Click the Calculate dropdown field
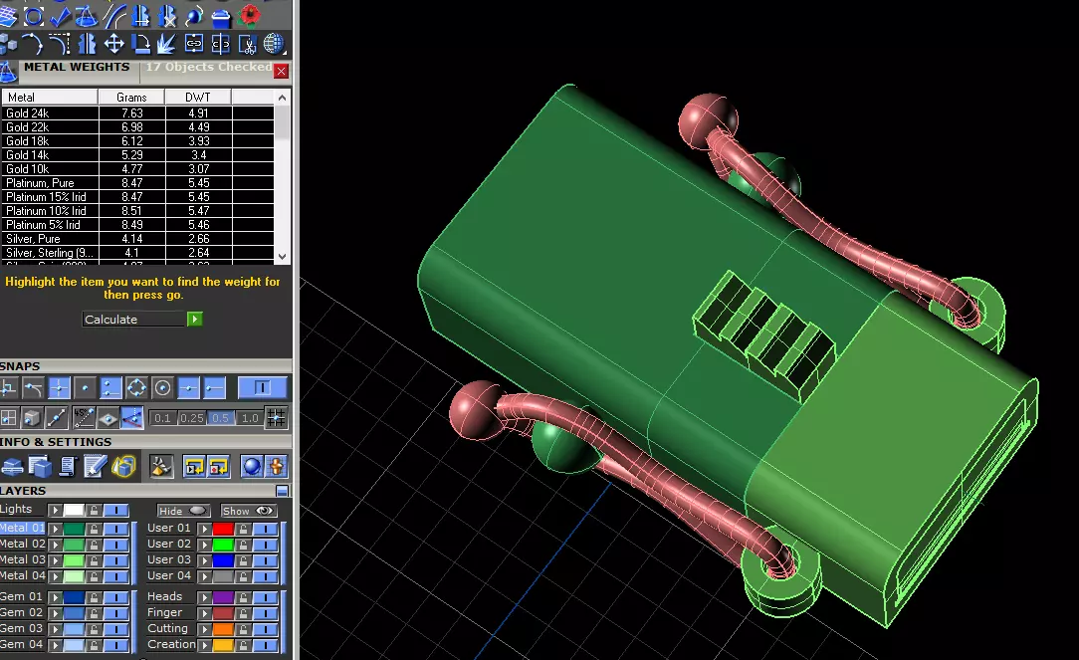pyautogui.click(x=134, y=320)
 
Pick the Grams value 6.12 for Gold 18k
pyautogui.click(x=130, y=141)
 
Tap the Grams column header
pyautogui.click(x=130, y=98)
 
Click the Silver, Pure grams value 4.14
pyautogui.click(x=130, y=239)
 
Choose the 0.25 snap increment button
pyautogui.click(x=192, y=418)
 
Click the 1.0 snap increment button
pyautogui.click(x=250, y=418)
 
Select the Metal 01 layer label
pyautogui.click(x=22, y=528)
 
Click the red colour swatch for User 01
pyautogui.click(x=223, y=529)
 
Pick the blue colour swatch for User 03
pyautogui.click(x=223, y=560)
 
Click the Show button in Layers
pyautogui.click(x=249, y=511)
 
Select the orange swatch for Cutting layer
pyautogui.click(x=223, y=629)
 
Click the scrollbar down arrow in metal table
pyautogui.click(x=283, y=256)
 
